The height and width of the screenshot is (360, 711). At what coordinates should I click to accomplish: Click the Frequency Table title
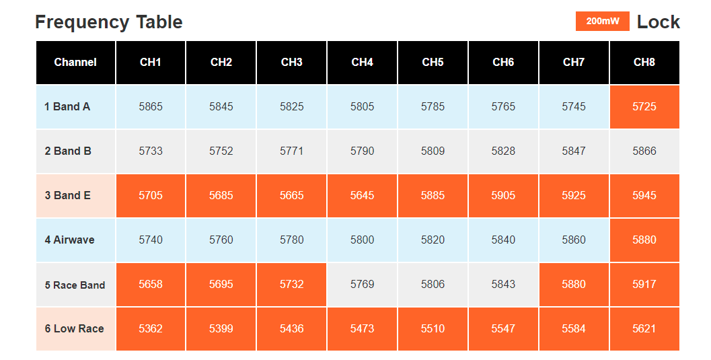tap(109, 22)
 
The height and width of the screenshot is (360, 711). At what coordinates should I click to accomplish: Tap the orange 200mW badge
tap(603, 22)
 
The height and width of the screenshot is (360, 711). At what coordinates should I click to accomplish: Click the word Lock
tap(659, 22)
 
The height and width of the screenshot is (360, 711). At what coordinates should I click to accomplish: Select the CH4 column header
tap(363, 63)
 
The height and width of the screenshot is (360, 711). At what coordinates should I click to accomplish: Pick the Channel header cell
tap(76, 63)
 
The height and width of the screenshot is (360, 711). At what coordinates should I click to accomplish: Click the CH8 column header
tap(644, 63)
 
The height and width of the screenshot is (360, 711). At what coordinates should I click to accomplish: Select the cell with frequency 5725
tap(644, 107)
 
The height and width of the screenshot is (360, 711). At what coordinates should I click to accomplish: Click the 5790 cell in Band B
tap(363, 151)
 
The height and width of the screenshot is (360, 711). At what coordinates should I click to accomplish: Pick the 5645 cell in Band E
tap(363, 196)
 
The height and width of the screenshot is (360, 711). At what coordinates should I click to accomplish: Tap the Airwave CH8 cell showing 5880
tap(644, 240)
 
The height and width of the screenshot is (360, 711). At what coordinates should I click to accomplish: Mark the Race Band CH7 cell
tap(574, 285)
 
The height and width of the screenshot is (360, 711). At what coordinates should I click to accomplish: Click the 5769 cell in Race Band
tap(363, 285)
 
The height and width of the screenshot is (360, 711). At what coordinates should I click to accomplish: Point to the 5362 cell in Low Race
tap(151, 329)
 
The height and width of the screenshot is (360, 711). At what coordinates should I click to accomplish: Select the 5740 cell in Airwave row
tap(151, 240)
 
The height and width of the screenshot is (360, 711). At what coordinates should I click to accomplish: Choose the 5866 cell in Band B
tap(644, 151)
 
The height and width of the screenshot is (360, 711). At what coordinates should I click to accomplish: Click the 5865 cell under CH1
tap(151, 107)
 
